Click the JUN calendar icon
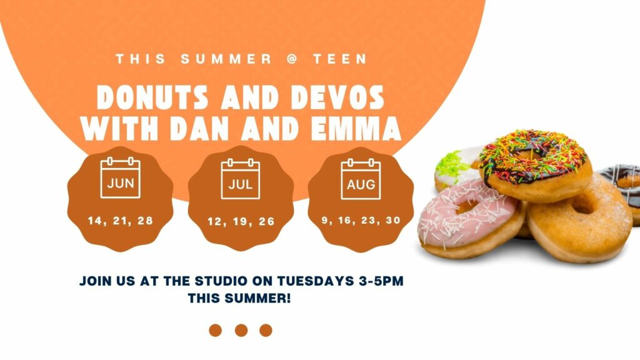pos(121,177)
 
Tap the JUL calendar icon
pos(241,179)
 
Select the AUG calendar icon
pos(361,179)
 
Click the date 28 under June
pos(145,221)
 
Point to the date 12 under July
pos(215,222)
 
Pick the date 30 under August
pos(393,221)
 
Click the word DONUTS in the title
pos(152,97)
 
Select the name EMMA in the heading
pos(356,128)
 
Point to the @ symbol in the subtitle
pos(292,59)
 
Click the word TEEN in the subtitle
pos(341,59)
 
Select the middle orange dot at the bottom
pos(241,330)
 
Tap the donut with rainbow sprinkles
pos(535,164)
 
